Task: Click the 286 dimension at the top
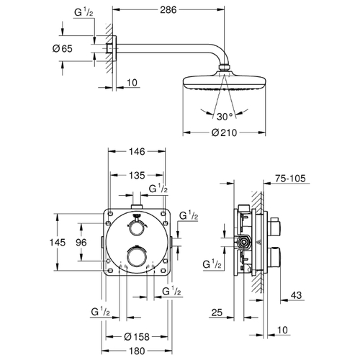pos(168,10)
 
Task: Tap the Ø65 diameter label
pos(63,49)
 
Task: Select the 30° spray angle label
pos(225,117)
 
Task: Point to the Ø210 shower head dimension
pos(224,132)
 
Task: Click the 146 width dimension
pos(137,151)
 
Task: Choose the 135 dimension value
pos(137,176)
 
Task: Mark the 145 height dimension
pos(58,243)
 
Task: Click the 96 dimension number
pos(81,243)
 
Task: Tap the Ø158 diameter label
pos(137,337)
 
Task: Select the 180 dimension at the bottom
pos(137,351)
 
